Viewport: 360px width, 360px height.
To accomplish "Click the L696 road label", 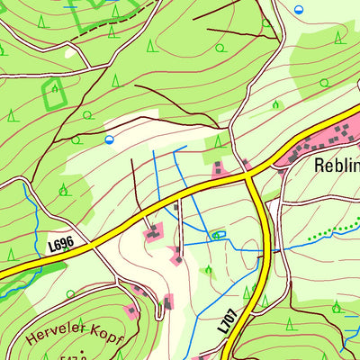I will click(60, 244).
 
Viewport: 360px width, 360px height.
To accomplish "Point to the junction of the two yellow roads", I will click(252, 177).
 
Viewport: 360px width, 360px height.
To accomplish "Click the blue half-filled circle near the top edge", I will click(299, 8).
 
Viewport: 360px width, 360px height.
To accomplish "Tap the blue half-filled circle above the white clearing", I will click(109, 139).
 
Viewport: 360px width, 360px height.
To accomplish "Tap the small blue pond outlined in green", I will click(216, 236).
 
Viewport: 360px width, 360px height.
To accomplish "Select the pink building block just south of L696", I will click(153, 234).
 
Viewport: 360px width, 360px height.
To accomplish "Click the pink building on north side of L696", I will click(219, 169).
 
